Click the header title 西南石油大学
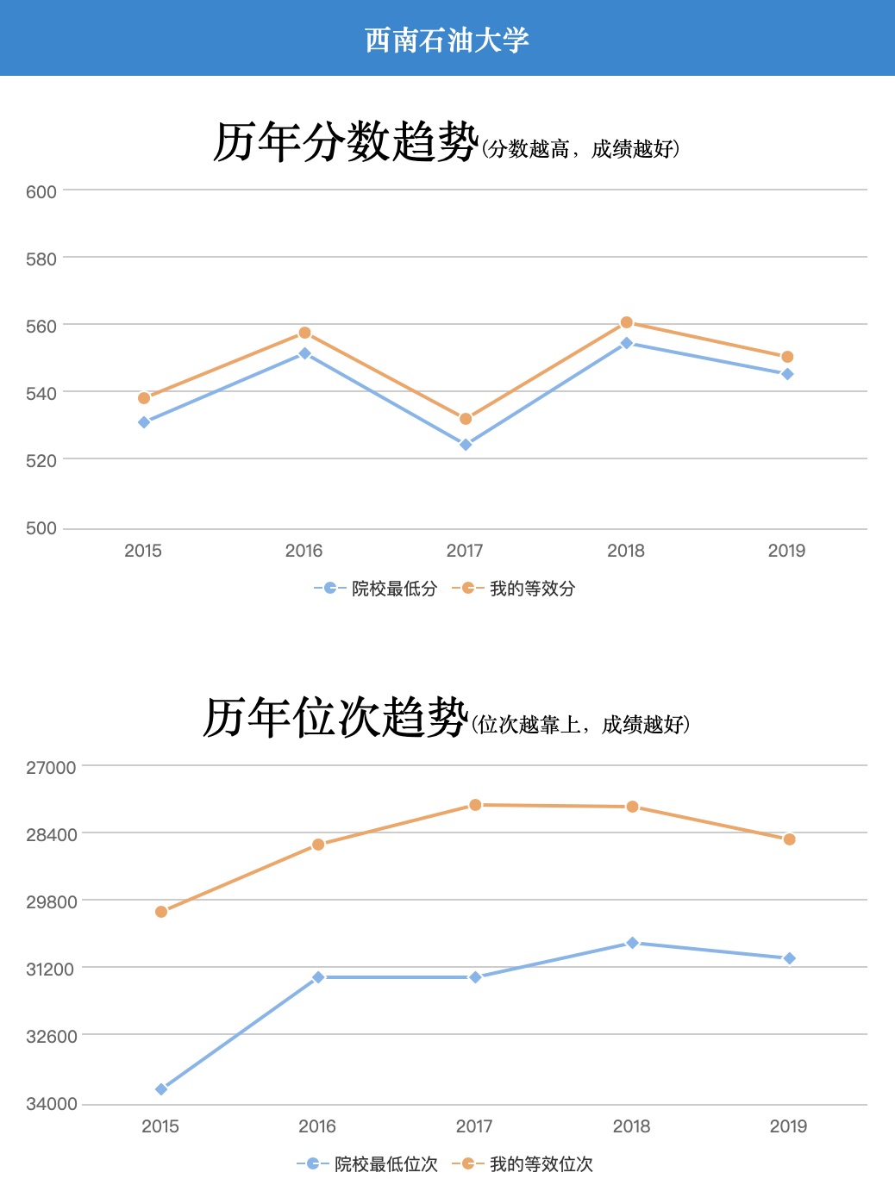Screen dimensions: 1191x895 click(x=447, y=40)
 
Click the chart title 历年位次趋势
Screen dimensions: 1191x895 click(x=335, y=717)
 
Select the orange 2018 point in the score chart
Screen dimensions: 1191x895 click(x=627, y=322)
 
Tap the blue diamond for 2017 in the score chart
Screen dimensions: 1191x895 click(x=466, y=445)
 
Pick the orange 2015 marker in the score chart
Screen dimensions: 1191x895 click(x=144, y=398)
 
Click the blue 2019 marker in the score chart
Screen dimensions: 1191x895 click(x=787, y=374)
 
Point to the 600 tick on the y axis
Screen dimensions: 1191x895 click(x=41, y=191)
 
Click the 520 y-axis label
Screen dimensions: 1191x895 click(x=41, y=460)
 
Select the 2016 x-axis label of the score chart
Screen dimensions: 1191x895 click(x=304, y=551)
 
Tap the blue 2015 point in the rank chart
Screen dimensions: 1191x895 click(x=161, y=1089)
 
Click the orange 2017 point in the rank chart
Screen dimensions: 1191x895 click(x=475, y=805)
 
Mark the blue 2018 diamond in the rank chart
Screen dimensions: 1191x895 click(x=632, y=943)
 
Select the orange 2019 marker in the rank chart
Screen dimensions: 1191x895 click(x=789, y=839)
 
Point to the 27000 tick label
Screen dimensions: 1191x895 click(x=51, y=767)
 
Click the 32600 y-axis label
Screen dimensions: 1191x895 click(x=51, y=1036)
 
